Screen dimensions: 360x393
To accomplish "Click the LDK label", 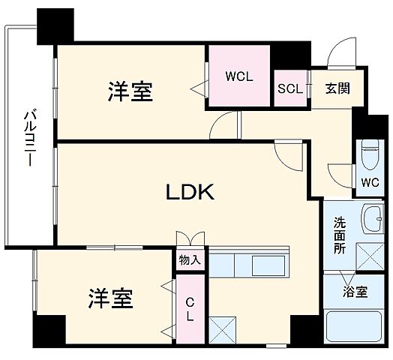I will point(190,193).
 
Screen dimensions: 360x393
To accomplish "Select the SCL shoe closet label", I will point(289,88).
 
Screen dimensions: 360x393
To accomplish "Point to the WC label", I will point(370,182).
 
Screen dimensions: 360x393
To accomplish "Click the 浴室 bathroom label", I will point(356,292).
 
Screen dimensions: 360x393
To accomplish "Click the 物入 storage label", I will point(190,260).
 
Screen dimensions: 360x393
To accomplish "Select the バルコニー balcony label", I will point(28,139).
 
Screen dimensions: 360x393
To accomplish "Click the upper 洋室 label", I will point(130,91).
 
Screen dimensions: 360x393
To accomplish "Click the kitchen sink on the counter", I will point(266,265).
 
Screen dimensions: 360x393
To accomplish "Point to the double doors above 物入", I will point(190,238).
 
